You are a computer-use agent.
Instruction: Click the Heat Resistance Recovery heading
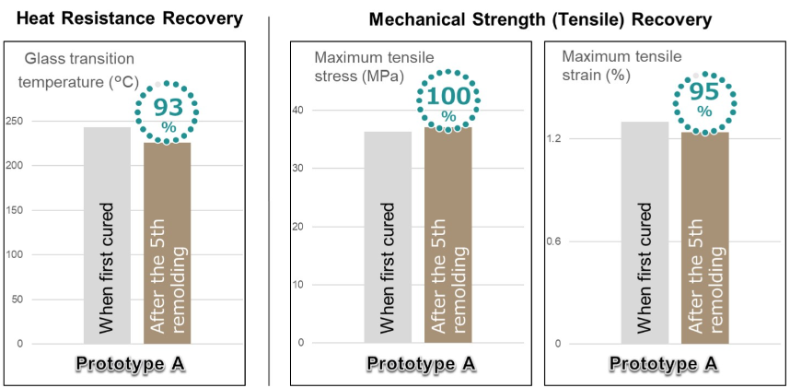[x=130, y=18]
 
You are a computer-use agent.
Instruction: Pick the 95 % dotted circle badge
[x=704, y=100]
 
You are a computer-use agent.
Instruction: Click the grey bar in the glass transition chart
[x=107, y=235]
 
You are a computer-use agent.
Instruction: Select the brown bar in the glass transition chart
[x=167, y=243]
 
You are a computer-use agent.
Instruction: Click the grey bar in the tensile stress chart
[x=388, y=237]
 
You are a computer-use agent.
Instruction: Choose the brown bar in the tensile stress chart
[x=448, y=235]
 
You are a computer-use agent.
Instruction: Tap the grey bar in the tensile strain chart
[x=645, y=232]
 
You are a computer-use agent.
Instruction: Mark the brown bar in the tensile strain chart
[x=704, y=238]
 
